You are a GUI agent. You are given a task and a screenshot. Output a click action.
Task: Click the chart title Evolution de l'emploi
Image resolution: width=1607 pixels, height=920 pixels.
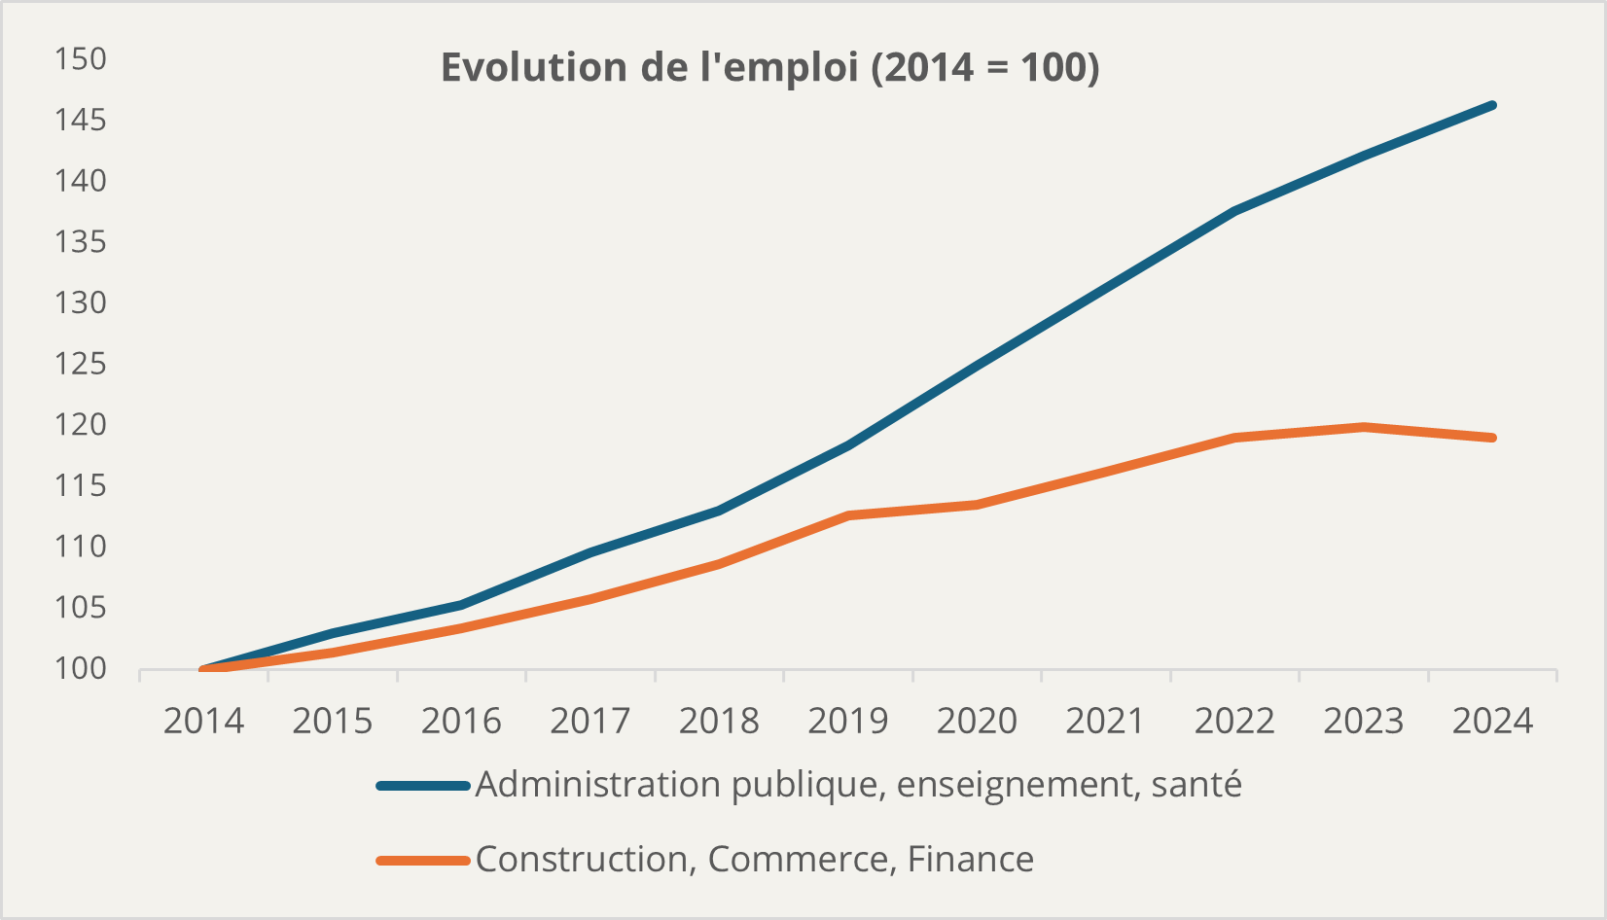click(x=769, y=68)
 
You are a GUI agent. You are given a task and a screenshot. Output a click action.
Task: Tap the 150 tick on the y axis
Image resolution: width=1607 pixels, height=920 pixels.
click(x=80, y=59)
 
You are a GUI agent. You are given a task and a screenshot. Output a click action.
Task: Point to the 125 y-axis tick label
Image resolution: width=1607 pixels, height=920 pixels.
click(x=80, y=364)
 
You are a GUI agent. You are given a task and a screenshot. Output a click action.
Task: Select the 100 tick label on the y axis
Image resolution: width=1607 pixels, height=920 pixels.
click(x=80, y=669)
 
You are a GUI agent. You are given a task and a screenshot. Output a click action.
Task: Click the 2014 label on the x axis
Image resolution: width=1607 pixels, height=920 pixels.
click(x=203, y=722)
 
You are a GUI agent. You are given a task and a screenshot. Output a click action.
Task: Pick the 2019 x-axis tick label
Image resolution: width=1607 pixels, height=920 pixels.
click(x=848, y=722)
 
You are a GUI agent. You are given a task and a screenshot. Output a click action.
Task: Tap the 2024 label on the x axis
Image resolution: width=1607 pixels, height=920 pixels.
click(x=1492, y=722)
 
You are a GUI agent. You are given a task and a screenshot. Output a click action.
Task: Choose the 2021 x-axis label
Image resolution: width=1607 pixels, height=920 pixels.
click(x=1106, y=722)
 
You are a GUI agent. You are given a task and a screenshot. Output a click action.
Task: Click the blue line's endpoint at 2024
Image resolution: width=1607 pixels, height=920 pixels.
click(x=1492, y=105)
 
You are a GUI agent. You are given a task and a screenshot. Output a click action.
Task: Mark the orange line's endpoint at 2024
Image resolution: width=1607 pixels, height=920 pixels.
click(x=1492, y=438)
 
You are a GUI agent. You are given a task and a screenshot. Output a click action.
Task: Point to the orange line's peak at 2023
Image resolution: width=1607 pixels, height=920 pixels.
click(x=1364, y=427)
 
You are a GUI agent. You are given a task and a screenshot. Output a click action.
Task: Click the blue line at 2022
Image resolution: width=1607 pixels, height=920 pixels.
click(x=1234, y=211)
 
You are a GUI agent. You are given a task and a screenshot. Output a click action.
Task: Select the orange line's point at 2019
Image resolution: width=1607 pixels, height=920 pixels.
click(x=848, y=515)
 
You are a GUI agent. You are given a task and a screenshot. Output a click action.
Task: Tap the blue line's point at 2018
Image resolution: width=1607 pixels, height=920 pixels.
click(x=719, y=511)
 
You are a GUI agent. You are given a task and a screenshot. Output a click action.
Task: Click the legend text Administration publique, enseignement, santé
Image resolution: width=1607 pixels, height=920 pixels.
click(x=858, y=785)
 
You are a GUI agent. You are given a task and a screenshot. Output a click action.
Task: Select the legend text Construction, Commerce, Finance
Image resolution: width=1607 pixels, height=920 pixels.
click(x=754, y=860)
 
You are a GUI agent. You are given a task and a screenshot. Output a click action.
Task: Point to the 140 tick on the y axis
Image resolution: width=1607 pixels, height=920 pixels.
click(x=80, y=181)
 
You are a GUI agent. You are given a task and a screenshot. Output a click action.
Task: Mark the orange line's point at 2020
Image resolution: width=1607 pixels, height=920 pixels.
click(x=977, y=505)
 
